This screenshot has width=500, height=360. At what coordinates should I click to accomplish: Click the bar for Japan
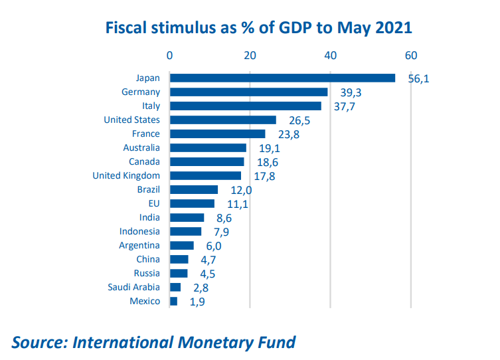click(x=282, y=78)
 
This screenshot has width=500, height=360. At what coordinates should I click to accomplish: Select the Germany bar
click(x=249, y=92)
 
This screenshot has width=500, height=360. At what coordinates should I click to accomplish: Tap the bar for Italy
click(x=246, y=106)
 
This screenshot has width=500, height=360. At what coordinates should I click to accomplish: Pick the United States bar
click(x=223, y=120)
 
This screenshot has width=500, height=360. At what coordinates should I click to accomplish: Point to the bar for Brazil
click(x=194, y=189)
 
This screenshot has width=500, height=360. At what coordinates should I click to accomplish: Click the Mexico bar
click(x=174, y=301)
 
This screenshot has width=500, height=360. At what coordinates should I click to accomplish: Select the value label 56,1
click(x=419, y=79)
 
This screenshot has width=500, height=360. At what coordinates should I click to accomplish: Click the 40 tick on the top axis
click(x=330, y=56)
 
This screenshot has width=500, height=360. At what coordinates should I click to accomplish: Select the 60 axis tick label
click(x=411, y=56)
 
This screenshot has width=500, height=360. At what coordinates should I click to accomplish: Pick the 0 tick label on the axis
click(x=170, y=56)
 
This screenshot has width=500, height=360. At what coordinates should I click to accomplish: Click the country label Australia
click(x=141, y=147)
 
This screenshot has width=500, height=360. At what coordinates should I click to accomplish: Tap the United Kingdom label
click(x=126, y=175)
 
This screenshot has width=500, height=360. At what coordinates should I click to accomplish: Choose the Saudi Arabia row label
click(x=133, y=287)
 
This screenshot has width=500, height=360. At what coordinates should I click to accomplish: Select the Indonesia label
click(x=139, y=231)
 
